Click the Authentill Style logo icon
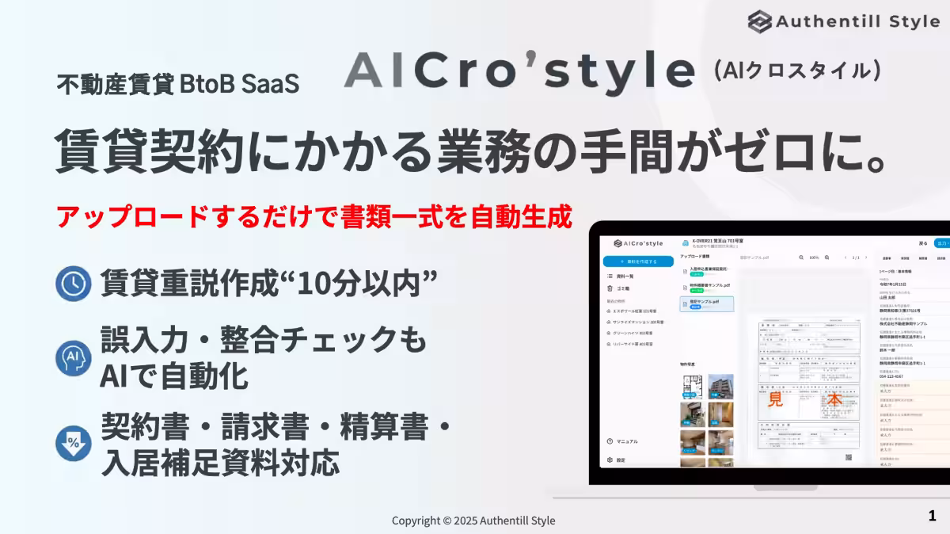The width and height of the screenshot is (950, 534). [760, 21]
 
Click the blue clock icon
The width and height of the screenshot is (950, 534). [74, 284]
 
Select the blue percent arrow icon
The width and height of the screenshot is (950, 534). [74, 444]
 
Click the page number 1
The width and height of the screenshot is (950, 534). [932, 517]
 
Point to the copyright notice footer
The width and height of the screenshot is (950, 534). [473, 521]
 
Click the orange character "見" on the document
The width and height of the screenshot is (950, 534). [776, 400]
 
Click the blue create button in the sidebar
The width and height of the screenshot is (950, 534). [638, 261]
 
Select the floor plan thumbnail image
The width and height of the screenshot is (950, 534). [692, 387]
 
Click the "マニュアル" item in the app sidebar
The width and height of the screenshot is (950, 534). [627, 441]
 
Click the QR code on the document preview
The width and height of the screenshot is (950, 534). [848, 457]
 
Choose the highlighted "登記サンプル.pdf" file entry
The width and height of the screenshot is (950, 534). [706, 303]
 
